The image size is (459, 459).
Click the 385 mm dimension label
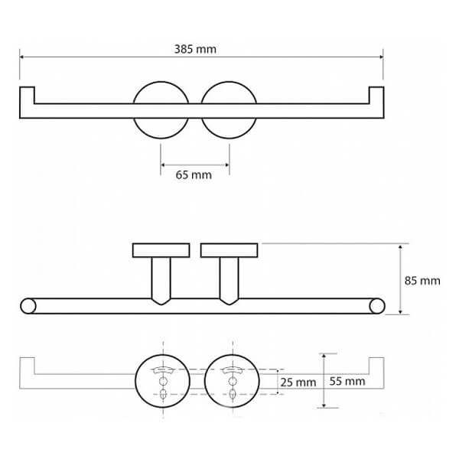pos(195,49)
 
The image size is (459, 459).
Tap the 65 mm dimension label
pos(194,175)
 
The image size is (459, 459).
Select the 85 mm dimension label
pos(422,281)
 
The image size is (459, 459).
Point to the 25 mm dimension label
pos(298,382)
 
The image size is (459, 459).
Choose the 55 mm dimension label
pos(347,381)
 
